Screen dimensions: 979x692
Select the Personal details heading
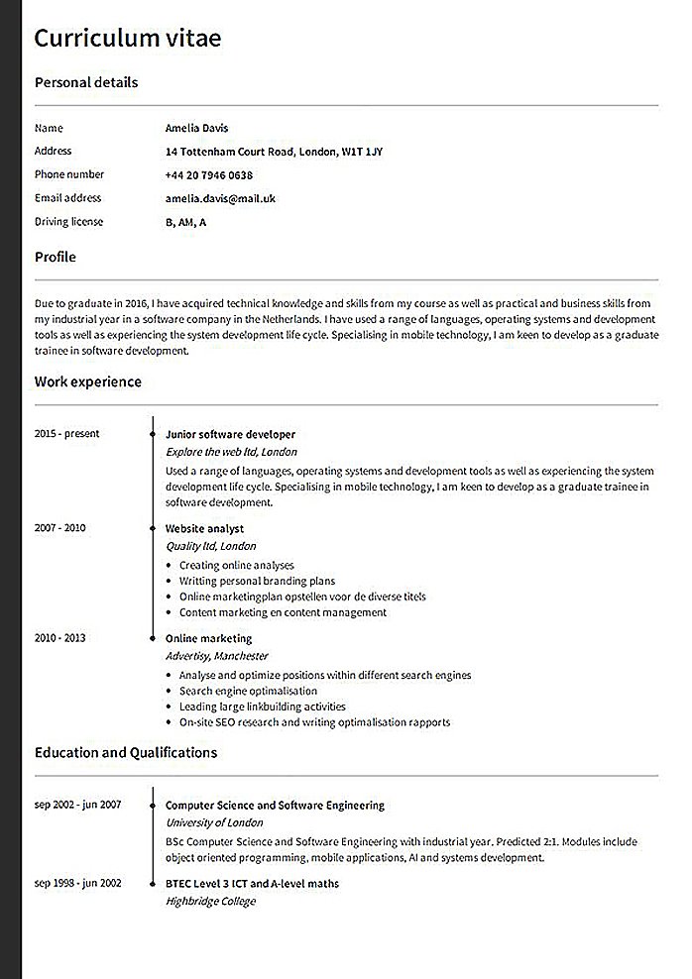pyautogui.click(x=86, y=82)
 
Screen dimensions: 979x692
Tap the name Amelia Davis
pyautogui.click(x=197, y=128)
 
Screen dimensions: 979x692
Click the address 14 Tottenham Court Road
pyautogui.click(x=275, y=152)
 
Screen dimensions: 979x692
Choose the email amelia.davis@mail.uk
pyautogui.click(x=221, y=198)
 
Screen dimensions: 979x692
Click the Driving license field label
pyautogui.click(x=68, y=222)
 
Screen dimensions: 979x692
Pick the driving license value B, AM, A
pyautogui.click(x=186, y=222)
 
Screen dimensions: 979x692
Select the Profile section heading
pyautogui.click(x=56, y=257)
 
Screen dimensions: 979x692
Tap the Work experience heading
pyautogui.click(x=88, y=381)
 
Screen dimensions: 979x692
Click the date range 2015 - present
pyautogui.click(x=66, y=434)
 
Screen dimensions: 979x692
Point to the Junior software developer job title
pyautogui.click(x=230, y=434)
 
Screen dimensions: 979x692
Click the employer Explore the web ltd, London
pyautogui.click(x=231, y=451)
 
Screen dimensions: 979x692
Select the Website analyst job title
pyautogui.click(x=204, y=529)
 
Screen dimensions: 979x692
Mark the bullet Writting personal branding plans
pyautogui.click(x=257, y=581)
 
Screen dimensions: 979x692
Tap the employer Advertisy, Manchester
pyautogui.click(x=216, y=656)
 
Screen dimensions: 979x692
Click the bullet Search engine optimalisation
pyautogui.click(x=248, y=691)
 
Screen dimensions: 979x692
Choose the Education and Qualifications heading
pyautogui.click(x=126, y=753)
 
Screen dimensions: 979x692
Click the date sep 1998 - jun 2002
pyautogui.click(x=77, y=882)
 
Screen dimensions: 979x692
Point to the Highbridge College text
pyautogui.click(x=210, y=901)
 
